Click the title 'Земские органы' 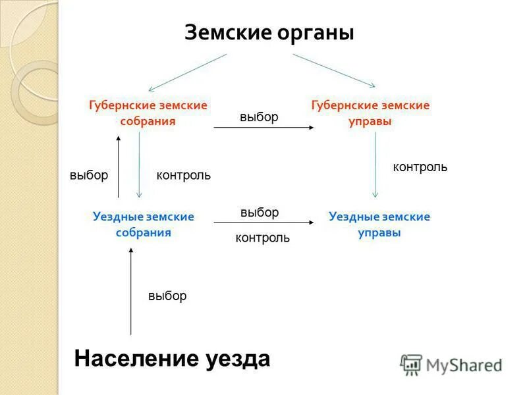269,33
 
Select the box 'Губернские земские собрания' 148,113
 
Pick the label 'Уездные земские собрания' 144,224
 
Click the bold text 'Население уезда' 172,359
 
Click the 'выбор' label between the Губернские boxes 259,117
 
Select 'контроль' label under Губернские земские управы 420,167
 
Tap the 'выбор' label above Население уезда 167,296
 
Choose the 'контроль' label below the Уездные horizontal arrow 262,238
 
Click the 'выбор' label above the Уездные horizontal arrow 260,212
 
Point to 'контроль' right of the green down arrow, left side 183,175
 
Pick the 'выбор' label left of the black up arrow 88,175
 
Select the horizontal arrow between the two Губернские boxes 263,128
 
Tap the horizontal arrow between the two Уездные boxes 263,224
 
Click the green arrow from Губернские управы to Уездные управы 375,165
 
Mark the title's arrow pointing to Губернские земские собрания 188,72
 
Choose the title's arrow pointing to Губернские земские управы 334,70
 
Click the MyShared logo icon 411,364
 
